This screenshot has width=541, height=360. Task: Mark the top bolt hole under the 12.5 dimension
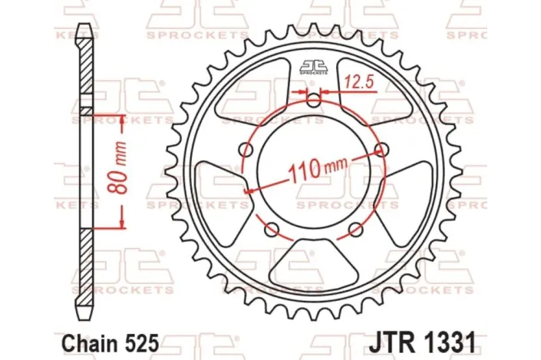(312, 101)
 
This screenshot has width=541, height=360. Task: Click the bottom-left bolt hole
(270, 229)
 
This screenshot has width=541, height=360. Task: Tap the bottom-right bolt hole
(355, 229)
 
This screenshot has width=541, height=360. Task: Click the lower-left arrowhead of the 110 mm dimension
(248, 192)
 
